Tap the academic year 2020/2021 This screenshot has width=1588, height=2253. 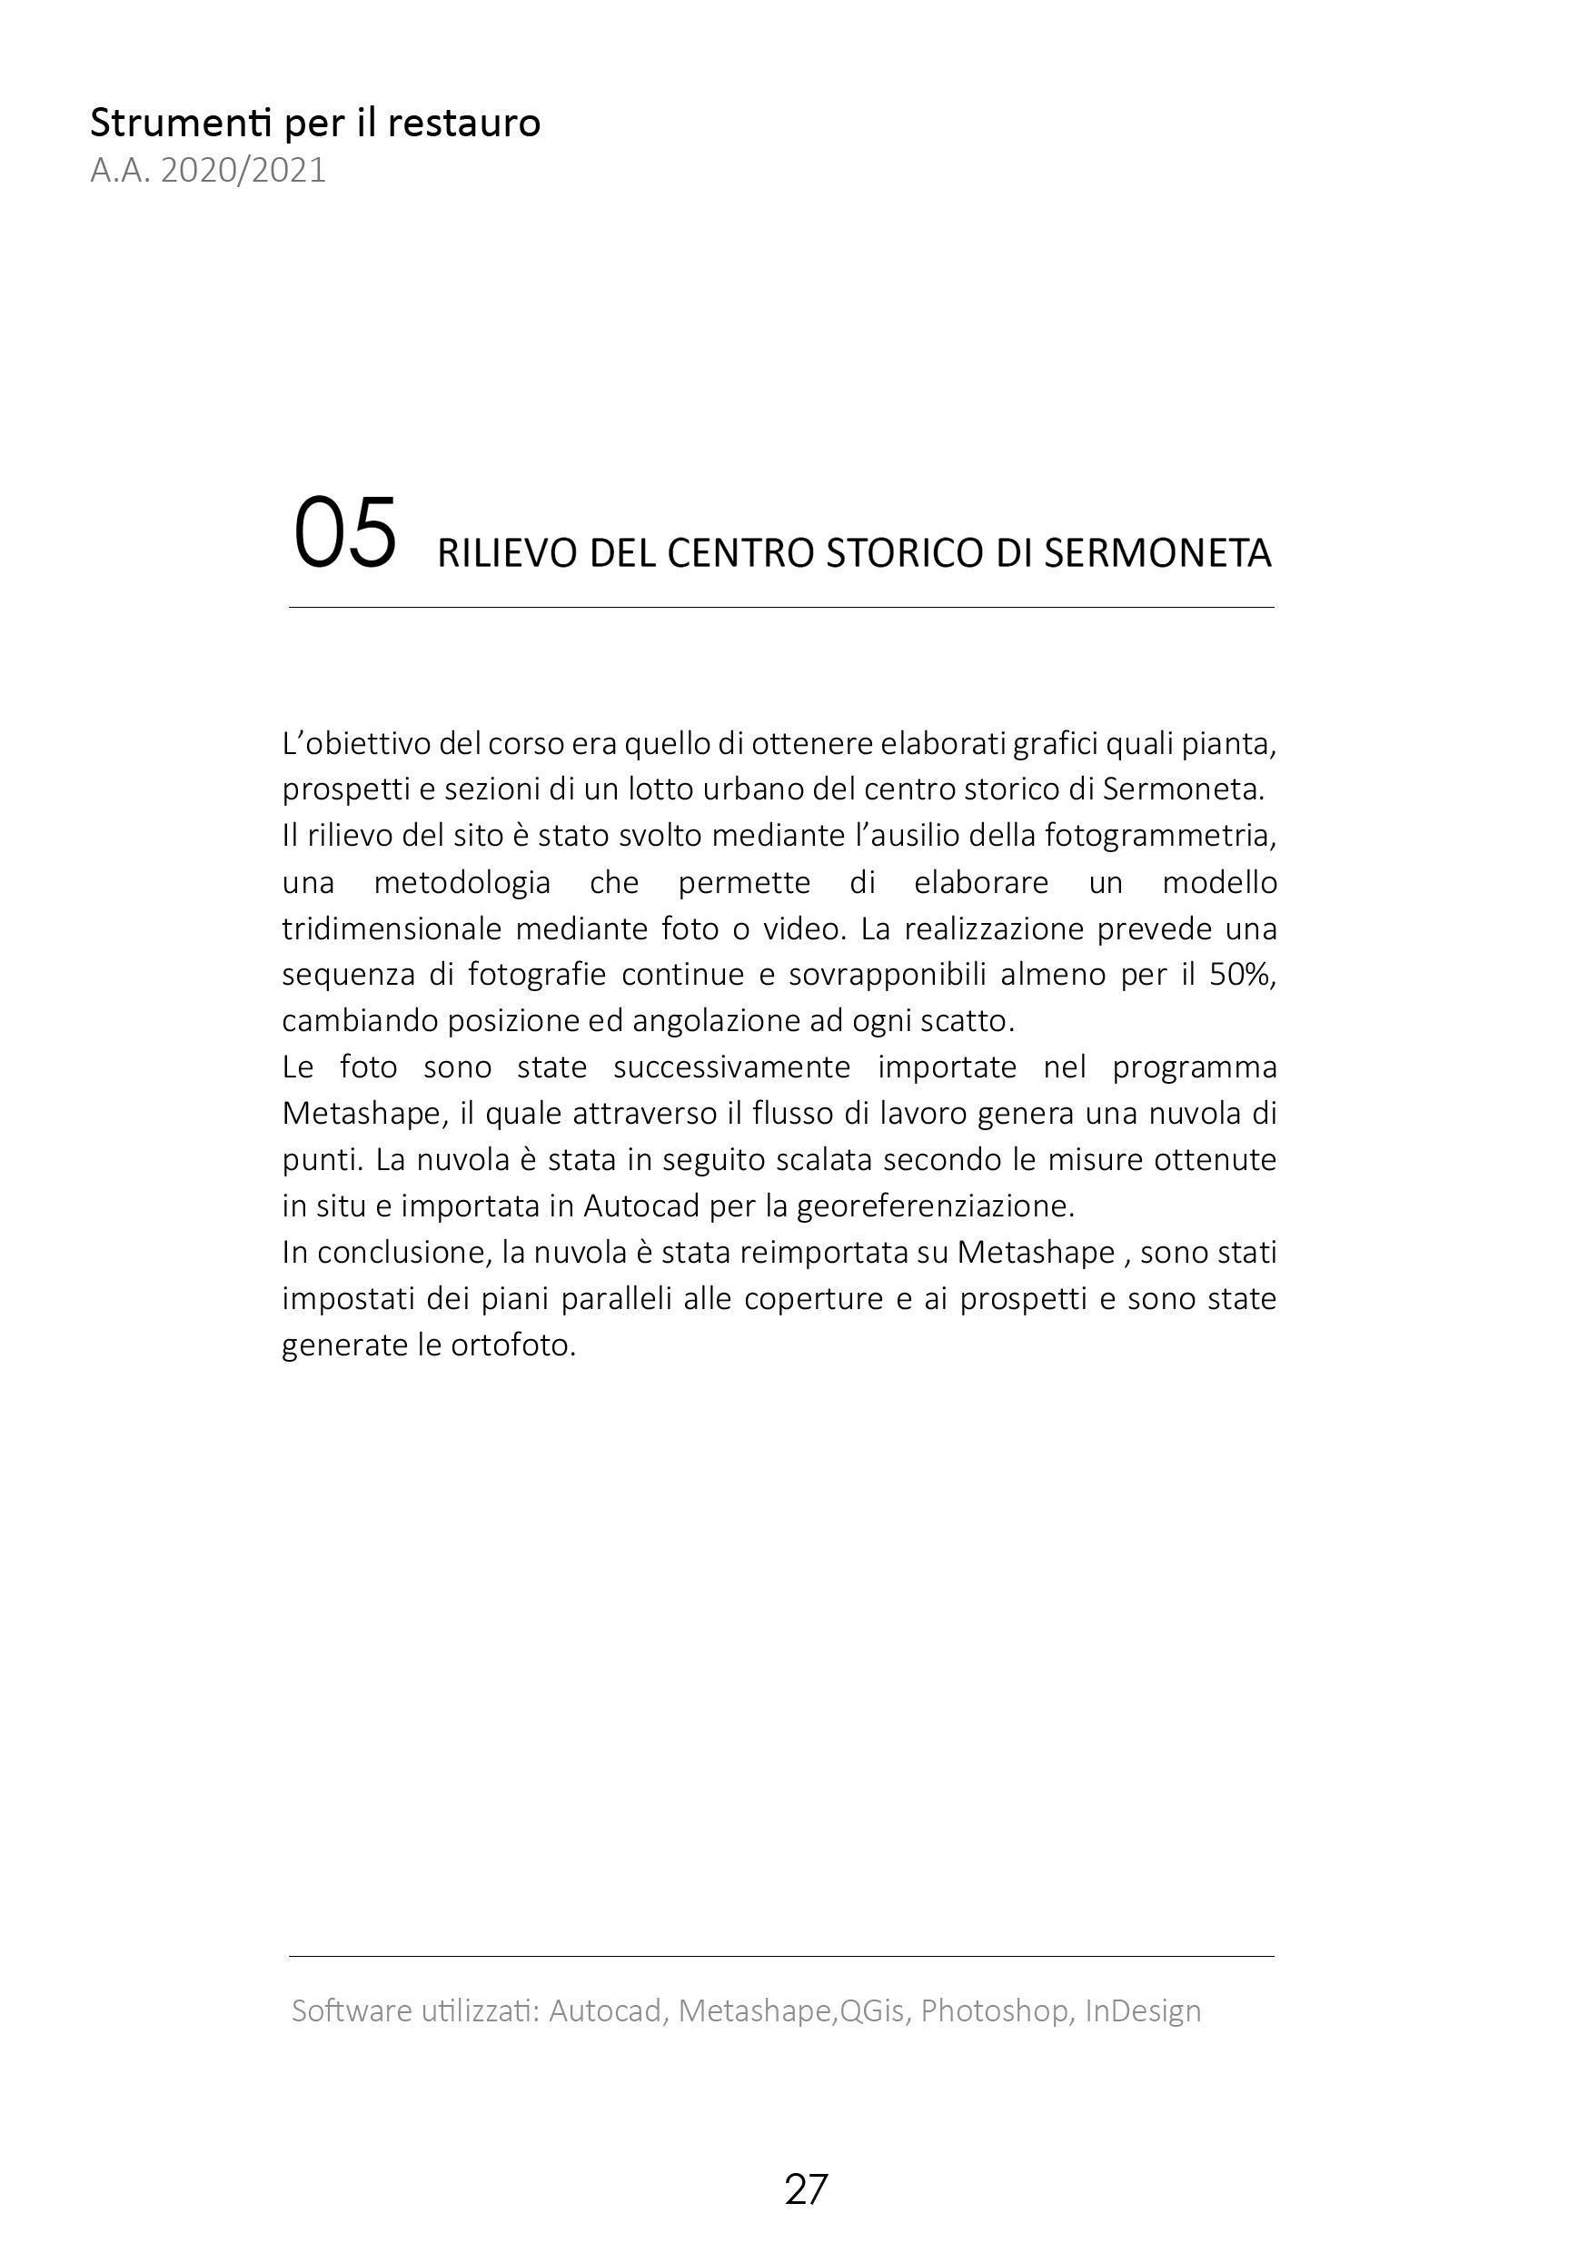[x=243, y=171]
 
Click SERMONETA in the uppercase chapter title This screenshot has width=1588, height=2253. [x=1157, y=554]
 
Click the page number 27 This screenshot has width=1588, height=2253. [x=806, y=2189]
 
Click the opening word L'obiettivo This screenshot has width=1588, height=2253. [x=355, y=744]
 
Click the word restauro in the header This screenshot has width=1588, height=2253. [x=463, y=124]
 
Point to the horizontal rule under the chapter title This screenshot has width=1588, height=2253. [x=781, y=608]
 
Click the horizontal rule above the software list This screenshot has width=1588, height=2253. [x=781, y=1956]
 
